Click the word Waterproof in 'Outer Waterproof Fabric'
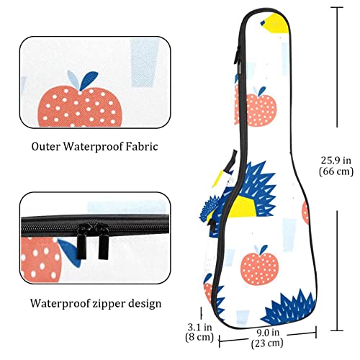click(94, 147)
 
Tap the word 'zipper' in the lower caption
click(109, 304)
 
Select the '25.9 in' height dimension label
click(336, 161)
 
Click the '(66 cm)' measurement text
click(336, 171)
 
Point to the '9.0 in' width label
click(268, 333)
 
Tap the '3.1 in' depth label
click(199, 327)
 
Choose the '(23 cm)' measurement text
click(267, 343)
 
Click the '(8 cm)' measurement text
click(199, 337)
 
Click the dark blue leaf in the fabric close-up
click(89, 80)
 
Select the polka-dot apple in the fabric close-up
click(80, 107)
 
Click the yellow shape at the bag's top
click(275, 23)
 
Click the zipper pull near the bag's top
click(238, 55)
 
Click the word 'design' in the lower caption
click(145, 304)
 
